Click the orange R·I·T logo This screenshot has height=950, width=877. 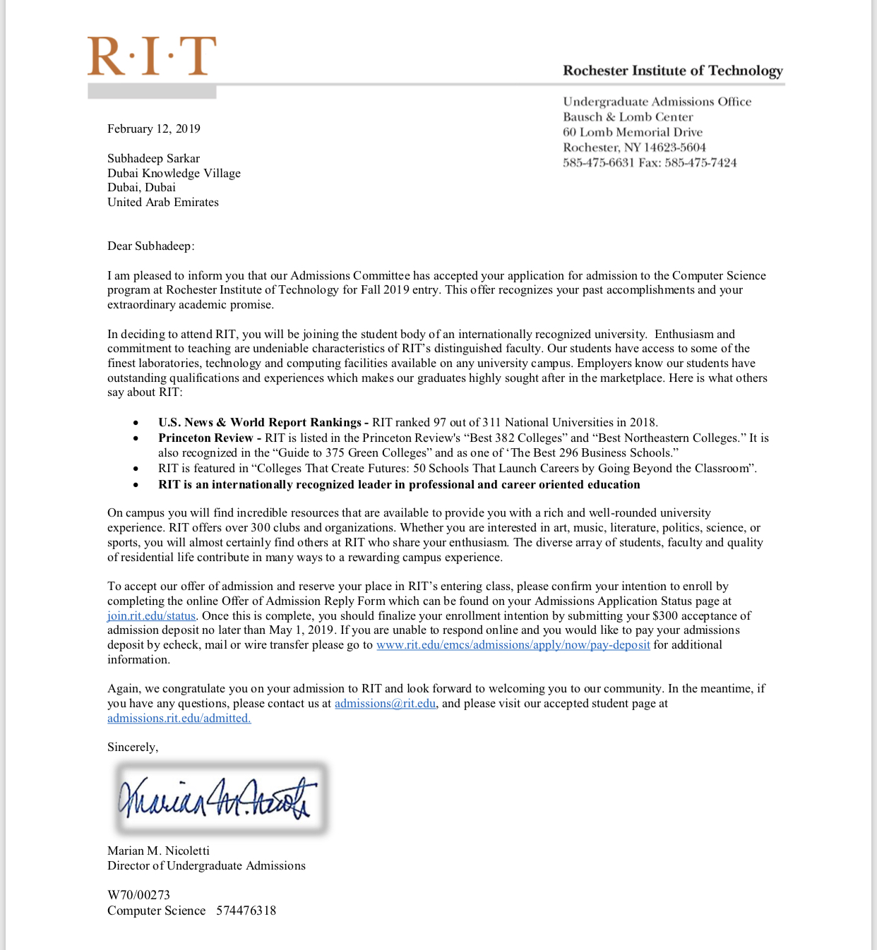click(x=152, y=56)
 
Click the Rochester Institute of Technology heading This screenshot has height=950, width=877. click(x=672, y=71)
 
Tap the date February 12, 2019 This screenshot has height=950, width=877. click(x=154, y=128)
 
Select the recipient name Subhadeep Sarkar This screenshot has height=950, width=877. click(x=153, y=158)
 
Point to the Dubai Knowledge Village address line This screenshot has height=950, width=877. click(x=174, y=173)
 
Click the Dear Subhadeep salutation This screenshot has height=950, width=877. click(x=150, y=246)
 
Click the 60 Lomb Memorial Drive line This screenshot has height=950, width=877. click(x=633, y=132)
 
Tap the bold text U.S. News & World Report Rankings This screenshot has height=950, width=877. click(x=259, y=422)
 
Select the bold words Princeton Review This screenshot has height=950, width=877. click(x=205, y=438)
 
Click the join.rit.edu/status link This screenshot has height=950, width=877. click(x=151, y=615)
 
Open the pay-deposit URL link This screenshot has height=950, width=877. click(x=513, y=644)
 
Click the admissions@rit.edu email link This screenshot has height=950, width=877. click(x=385, y=703)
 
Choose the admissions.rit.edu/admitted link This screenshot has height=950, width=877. click(x=179, y=718)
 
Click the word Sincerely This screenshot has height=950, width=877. click(x=133, y=747)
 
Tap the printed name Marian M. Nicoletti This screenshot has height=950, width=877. click(x=158, y=850)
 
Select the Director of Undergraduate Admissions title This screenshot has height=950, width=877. click(x=206, y=865)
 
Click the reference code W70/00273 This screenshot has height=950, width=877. click(x=138, y=895)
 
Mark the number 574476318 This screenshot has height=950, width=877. click(x=246, y=910)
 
